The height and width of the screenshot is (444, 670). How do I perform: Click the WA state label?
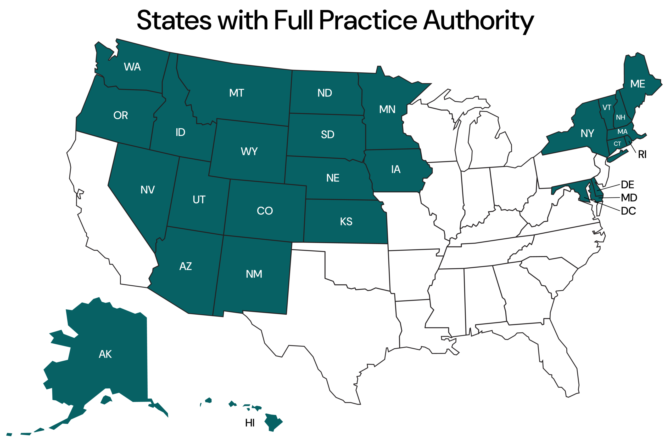point(132,67)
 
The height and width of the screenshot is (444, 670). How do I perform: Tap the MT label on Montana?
point(237,93)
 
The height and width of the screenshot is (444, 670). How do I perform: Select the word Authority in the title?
point(478,20)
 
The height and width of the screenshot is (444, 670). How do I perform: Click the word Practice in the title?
point(368,20)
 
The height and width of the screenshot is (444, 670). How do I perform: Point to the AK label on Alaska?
point(105,354)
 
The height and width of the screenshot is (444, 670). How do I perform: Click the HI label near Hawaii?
point(250,423)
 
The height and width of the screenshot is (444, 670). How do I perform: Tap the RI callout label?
point(642,155)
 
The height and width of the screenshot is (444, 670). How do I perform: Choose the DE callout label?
point(627,184)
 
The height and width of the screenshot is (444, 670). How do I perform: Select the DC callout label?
point(628,211)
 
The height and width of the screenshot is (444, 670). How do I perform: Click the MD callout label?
point(629,198)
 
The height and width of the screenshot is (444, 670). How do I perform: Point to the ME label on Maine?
point(638,84)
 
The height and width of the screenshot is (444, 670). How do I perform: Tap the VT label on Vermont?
point(607,108)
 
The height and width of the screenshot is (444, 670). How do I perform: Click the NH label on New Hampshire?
point(621,117)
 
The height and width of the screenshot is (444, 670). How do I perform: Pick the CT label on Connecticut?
point(617,144)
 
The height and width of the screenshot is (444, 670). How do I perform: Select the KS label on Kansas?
point(346,221)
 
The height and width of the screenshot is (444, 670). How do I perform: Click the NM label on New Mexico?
point(254,274)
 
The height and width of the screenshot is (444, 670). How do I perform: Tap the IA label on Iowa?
point(396,169)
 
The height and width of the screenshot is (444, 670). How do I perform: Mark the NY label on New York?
point(587,133)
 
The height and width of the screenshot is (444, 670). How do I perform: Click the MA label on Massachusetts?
point(622,132)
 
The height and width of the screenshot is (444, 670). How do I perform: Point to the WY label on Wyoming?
point(249,152)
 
